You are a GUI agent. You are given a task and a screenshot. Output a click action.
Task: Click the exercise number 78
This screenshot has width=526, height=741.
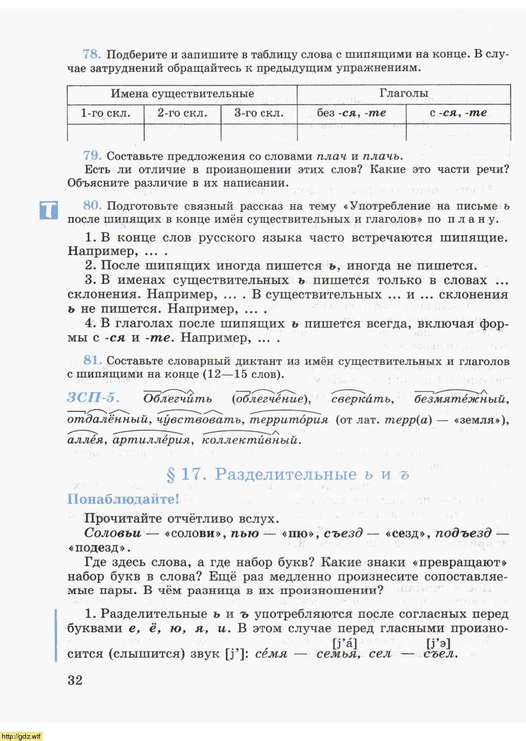tap(92, 55)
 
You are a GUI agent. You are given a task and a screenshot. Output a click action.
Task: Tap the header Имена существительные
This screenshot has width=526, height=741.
tap(182, 94)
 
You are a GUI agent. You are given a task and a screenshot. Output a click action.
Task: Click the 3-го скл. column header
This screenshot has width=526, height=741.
tap(259, 113)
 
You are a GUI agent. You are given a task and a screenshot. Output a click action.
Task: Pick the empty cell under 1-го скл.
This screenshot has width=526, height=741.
tap(105, 132)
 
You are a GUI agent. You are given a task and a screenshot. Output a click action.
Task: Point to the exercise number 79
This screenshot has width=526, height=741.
tap(92, 156)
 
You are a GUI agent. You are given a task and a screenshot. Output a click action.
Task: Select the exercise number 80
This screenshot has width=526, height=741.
tap(92, 205)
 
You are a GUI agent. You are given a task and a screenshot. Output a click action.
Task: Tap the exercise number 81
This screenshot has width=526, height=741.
tap(92, 360)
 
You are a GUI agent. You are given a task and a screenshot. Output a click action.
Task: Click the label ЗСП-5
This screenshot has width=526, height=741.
tap(93, 399)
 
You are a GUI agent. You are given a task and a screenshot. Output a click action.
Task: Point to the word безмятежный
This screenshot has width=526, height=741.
tap(461, 399)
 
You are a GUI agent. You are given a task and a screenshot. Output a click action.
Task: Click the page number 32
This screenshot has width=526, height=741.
tap(75, 680)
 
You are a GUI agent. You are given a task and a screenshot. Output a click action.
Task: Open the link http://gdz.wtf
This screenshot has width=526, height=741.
tap(22, 736)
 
